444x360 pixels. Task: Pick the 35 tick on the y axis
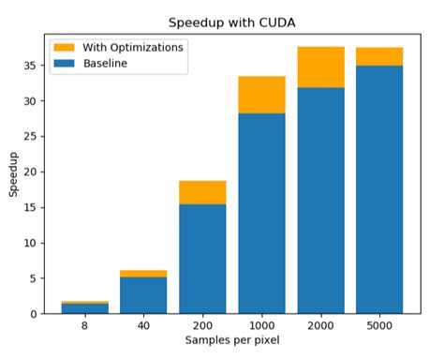tap(31, 66)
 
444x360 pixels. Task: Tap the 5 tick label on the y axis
tap(34, 278)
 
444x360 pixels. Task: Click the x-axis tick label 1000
tap(261, 325)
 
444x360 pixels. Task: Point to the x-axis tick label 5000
tap(379, 325)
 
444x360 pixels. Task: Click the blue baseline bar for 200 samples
tap(202, 258)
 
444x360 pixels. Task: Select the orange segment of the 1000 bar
tap(261, 94)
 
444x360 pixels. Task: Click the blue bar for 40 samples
tap(142, 294)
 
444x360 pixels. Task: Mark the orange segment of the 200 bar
tap(202, 192)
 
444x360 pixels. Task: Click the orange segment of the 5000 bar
tap(379, 56)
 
